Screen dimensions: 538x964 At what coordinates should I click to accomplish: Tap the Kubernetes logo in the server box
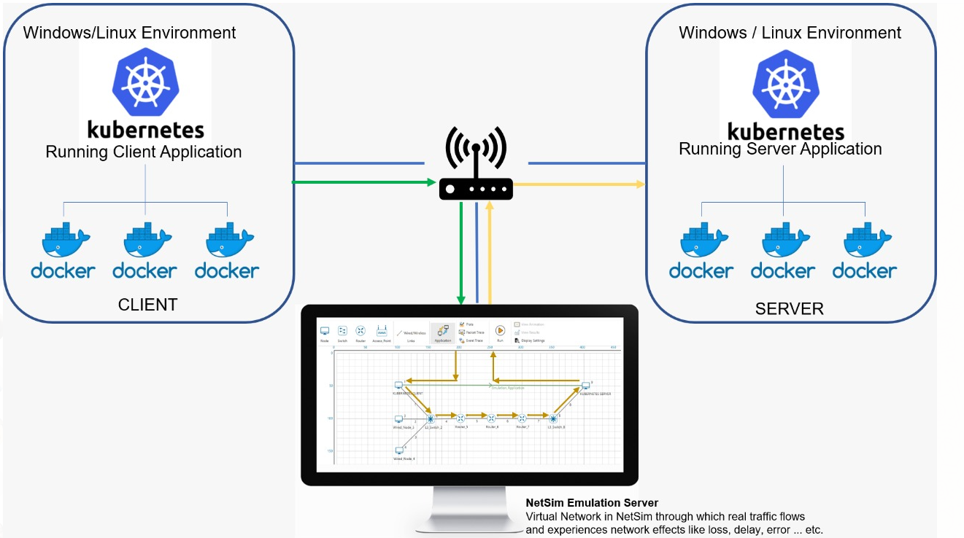pyautogui.click(x=786, y=82)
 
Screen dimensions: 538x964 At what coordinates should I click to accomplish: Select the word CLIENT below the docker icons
pyautogui.click(x=147, y=305)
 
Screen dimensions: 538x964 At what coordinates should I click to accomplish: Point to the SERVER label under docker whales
pyautogui.click(x=789, y=309)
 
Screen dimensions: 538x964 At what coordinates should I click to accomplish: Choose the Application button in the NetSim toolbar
pyautogui.click(x=443, y=332)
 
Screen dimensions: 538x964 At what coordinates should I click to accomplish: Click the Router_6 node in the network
pyautogui.click(x=491, y=418)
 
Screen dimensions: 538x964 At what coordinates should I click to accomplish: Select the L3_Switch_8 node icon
pyautogui.click(x=553, y=418)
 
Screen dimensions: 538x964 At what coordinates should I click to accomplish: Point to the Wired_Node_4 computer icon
pyautogui.click(x=399, y=451)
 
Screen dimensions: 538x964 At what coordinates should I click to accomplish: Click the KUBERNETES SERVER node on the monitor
pyautogui.click(x=585, y=385)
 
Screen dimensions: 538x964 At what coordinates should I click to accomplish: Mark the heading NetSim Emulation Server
pyautogui.click(x=592, y=503)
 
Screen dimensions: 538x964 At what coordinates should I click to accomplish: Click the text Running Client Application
pyautogui.click(x=144, y=152)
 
